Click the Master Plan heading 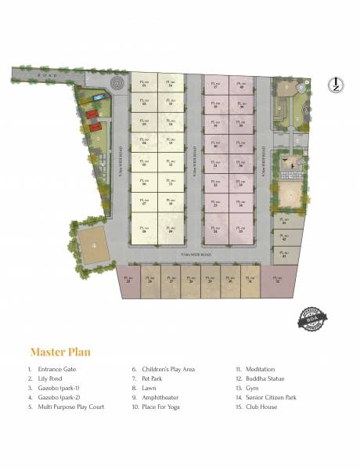(59, 351)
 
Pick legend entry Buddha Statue (265, 378)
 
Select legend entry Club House (262, 407)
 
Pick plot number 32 (279, 281)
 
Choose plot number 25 (128, 281)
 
